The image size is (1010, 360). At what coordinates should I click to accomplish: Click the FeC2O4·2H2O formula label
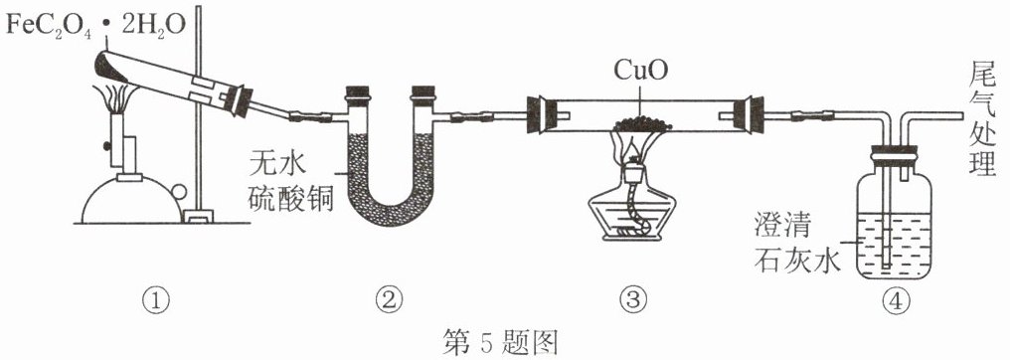96,25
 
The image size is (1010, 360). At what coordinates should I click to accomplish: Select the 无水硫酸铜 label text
290,187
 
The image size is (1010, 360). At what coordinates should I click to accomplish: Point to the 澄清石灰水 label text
798,245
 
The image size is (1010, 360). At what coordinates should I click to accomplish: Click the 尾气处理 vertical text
982,123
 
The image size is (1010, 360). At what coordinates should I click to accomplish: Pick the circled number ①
156,299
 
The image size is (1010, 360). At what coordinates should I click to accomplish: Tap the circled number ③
631,299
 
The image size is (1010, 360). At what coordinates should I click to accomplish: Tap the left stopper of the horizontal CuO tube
537,114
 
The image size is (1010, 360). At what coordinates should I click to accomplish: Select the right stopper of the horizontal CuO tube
752,114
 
